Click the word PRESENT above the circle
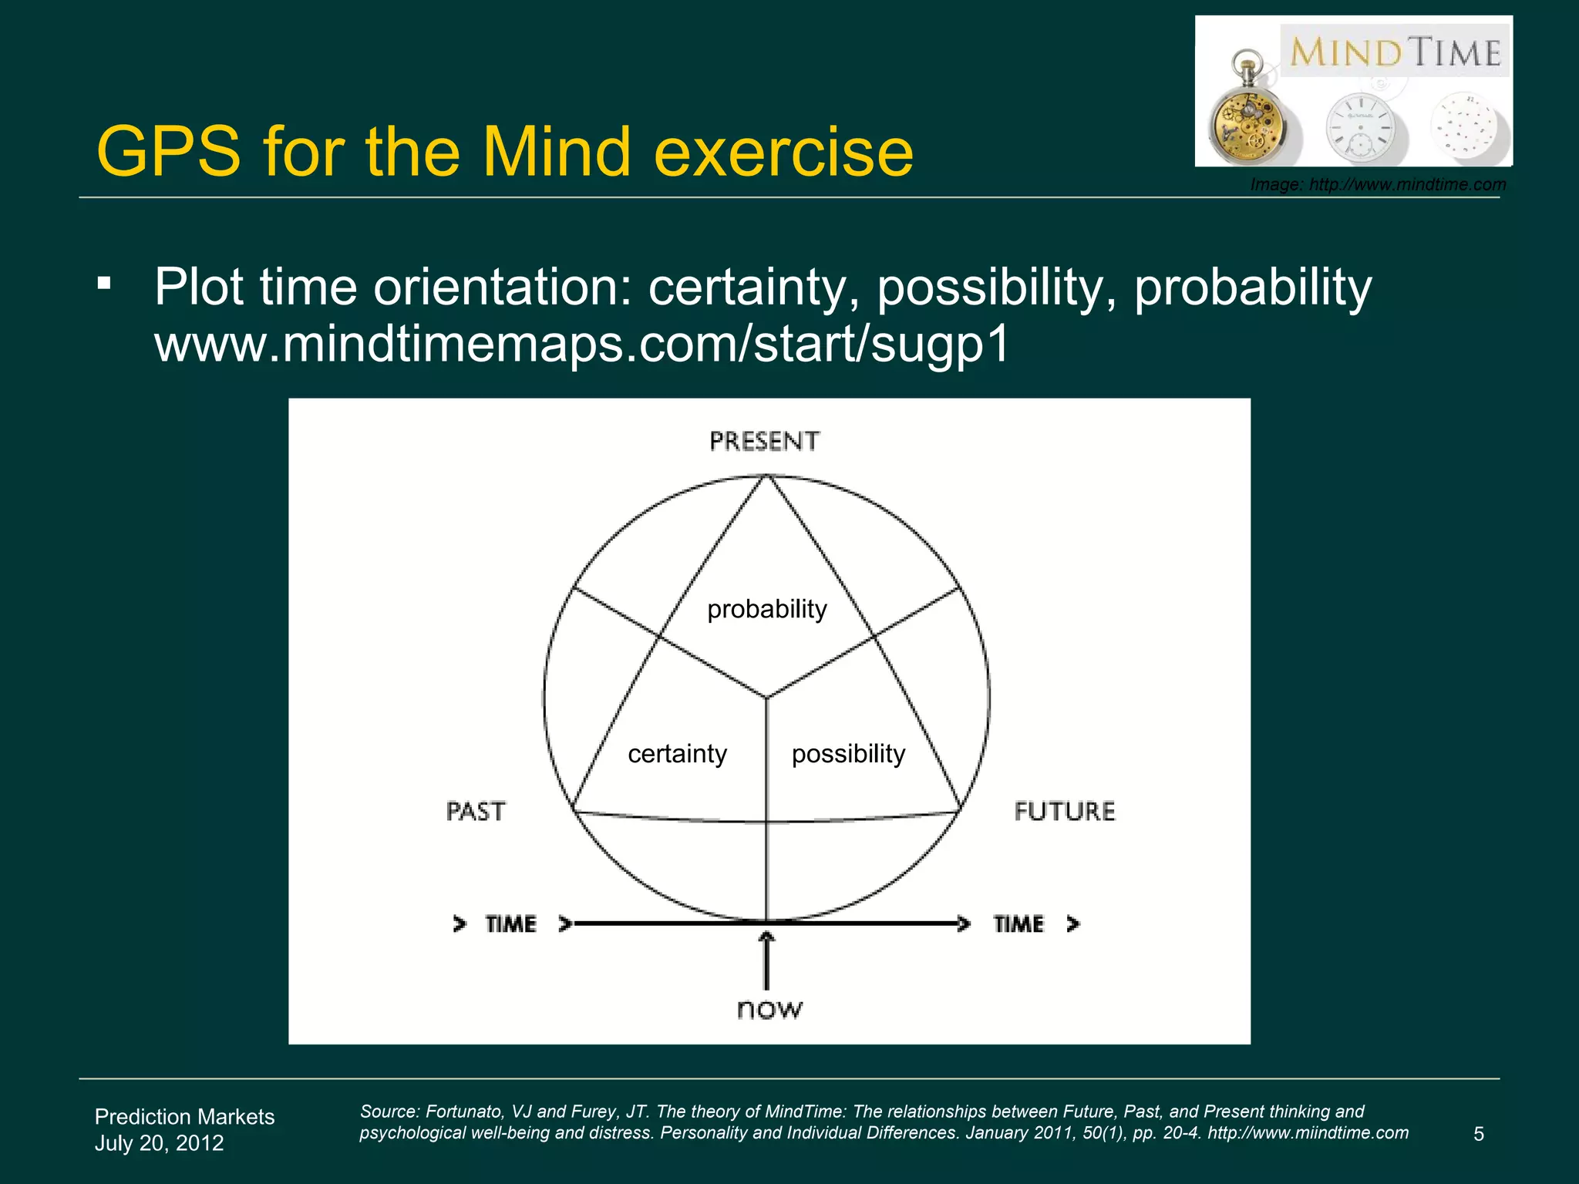(x=764, y=441)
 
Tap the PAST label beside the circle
(x=476, y=811)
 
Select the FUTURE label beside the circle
(x=1065, y=811)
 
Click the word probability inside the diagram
(x=767, y=609)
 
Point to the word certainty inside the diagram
(x=677, y=753)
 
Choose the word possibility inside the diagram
(x=848, y=753)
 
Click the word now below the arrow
(x=769, y=1008)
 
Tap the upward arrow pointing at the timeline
(x=766, y=960)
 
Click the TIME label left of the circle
(x=510, y=923)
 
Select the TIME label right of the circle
(x=1018, y=923)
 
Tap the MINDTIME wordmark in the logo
(x=1396, y=52)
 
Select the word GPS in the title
(x=169, y=152)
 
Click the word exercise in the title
(x=783, y=152)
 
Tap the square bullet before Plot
(x=104, y=284)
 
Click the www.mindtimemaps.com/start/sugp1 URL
(x=582, y=344)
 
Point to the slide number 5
(x=1478, y=1134)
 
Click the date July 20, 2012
(x=159, y=1142)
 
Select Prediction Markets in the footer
(x=184, y=1116)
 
